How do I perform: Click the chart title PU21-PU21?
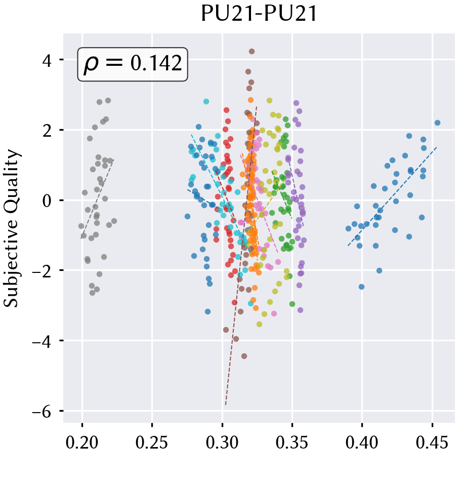(259, 14)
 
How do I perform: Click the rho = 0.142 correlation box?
(133, 64)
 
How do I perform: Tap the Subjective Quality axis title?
(12, 228)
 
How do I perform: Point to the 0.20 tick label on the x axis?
(82, 442)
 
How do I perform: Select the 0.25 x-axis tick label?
(152, 442)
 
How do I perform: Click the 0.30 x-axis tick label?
(222, 442)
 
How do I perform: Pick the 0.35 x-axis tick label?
(292, 442)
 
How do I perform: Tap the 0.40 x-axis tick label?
(362, 442)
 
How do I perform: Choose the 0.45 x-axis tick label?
(432, 442)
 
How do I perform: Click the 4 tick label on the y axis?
(47, 61)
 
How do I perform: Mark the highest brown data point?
(252, 51)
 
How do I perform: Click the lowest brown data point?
(244, 356)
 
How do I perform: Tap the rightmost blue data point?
(437, 123)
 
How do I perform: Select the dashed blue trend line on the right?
(392, 196)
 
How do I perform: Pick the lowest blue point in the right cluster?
(361, 287)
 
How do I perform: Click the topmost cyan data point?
(206, 102)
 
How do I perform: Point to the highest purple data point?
(296, 103)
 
